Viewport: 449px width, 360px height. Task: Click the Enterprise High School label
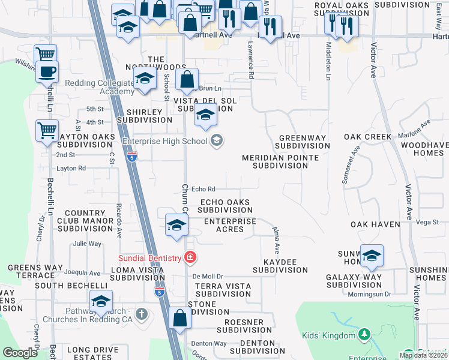click(x=164, y=142)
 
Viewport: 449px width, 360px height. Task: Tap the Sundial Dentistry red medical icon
click(x=191, y=257)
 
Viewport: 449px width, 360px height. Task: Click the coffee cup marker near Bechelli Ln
click(x=46, y=73)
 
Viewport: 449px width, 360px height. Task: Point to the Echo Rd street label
click(x=203, y=190)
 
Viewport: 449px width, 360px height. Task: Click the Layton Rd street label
click(x=71, y=169)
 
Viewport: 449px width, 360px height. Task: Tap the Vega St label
click(x=427, y=222)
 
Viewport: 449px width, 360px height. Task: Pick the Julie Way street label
click(x=87, y=244)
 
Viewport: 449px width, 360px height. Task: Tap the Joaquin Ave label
click(x=82, y=272)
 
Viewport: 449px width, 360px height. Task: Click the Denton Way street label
click(x=209, y=343)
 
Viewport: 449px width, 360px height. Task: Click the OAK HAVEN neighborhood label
click(x=375, y=224)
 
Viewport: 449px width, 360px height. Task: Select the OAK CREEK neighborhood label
click(x=367, y=137)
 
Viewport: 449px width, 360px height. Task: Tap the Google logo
click(x=20, y=353)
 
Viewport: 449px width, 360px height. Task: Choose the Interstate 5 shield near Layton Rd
click(x=132, y=157)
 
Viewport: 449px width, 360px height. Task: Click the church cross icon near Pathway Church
click(x=141, y=314)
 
